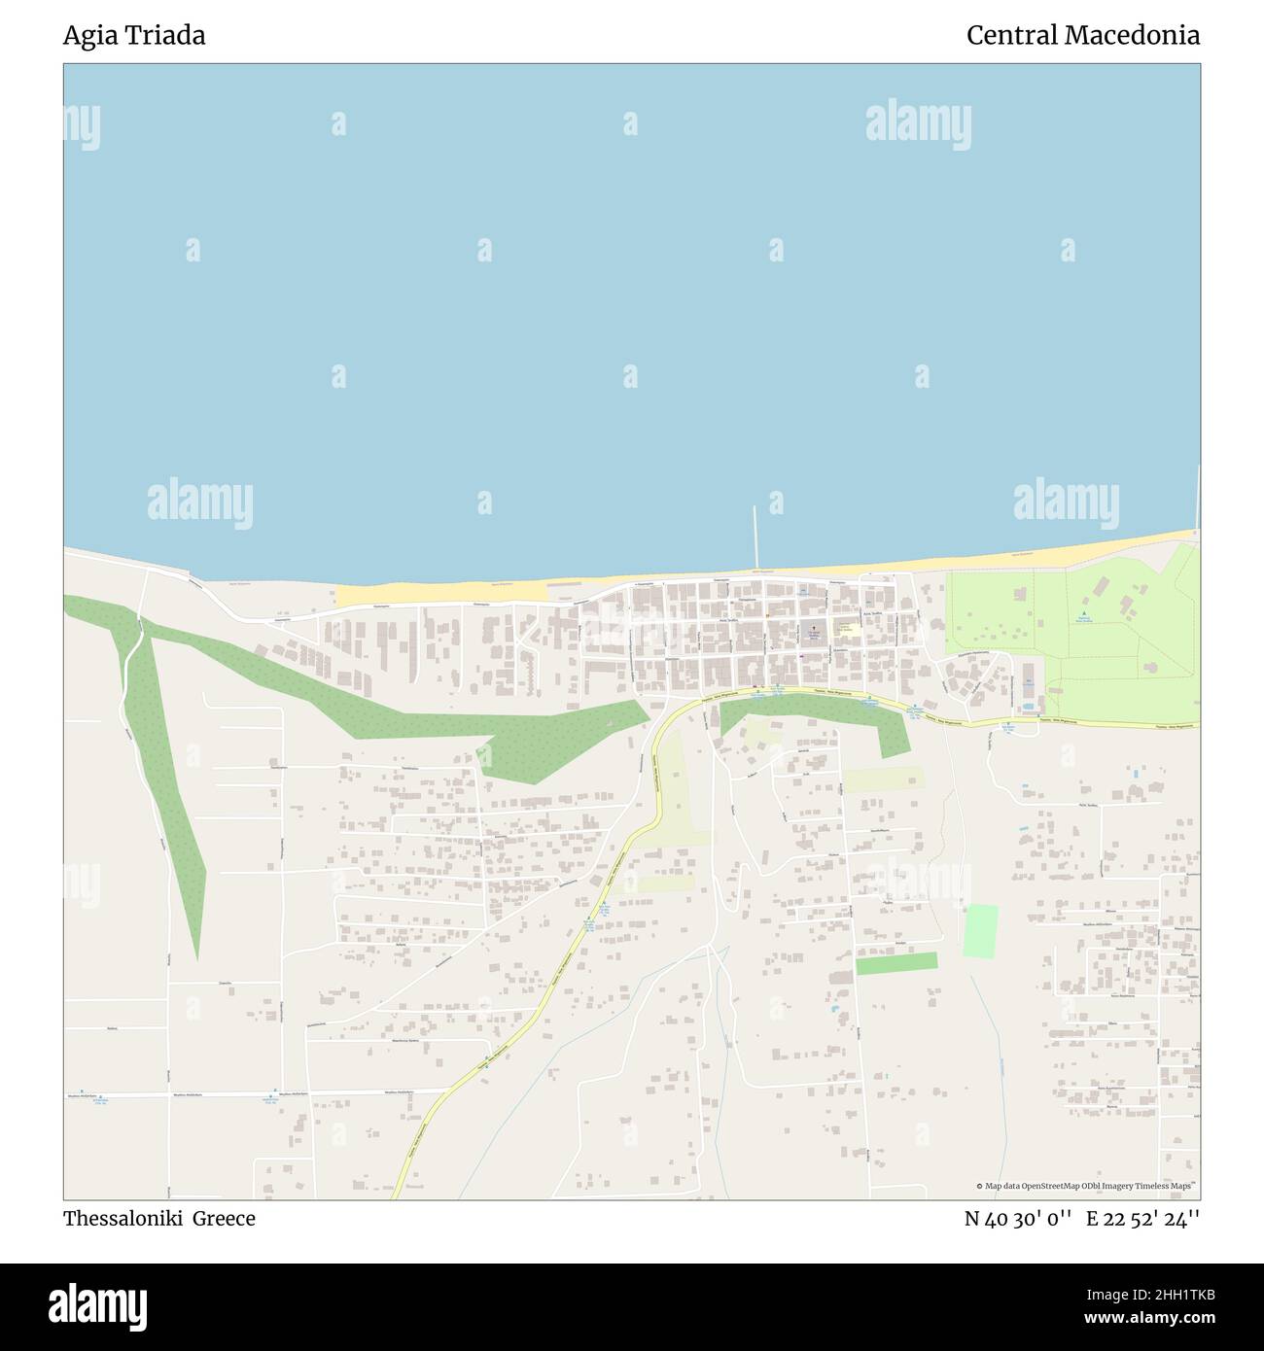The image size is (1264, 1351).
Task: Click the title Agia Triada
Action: point(134,36)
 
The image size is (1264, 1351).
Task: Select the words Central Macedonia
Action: point(1082,36)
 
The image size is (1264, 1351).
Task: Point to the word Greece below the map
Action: point(223,1219)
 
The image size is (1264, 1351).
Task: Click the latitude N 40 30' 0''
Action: point(1018,1219)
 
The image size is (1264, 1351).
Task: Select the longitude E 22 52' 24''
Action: point(1142,1219)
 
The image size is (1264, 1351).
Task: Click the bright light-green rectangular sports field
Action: point(981,930)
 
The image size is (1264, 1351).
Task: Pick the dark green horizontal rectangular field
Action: point(896,962)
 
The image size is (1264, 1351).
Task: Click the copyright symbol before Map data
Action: point(979,1186)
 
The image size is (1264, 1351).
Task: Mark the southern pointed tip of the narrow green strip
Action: point(197,958)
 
